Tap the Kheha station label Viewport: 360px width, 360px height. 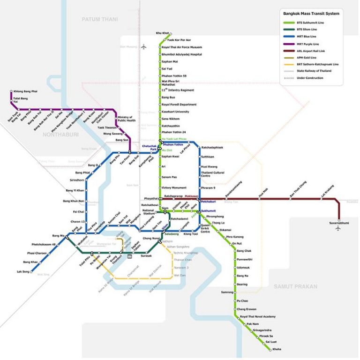click(x=277, y=349)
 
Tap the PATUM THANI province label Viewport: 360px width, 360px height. click(x=99, y=19)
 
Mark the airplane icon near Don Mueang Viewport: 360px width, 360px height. click(x=144, y=46)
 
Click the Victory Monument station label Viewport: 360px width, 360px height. click(x=174, y=187)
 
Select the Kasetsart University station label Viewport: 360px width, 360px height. click(x=175, y=112)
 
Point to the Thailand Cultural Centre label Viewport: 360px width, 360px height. click(x=212, y=174)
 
